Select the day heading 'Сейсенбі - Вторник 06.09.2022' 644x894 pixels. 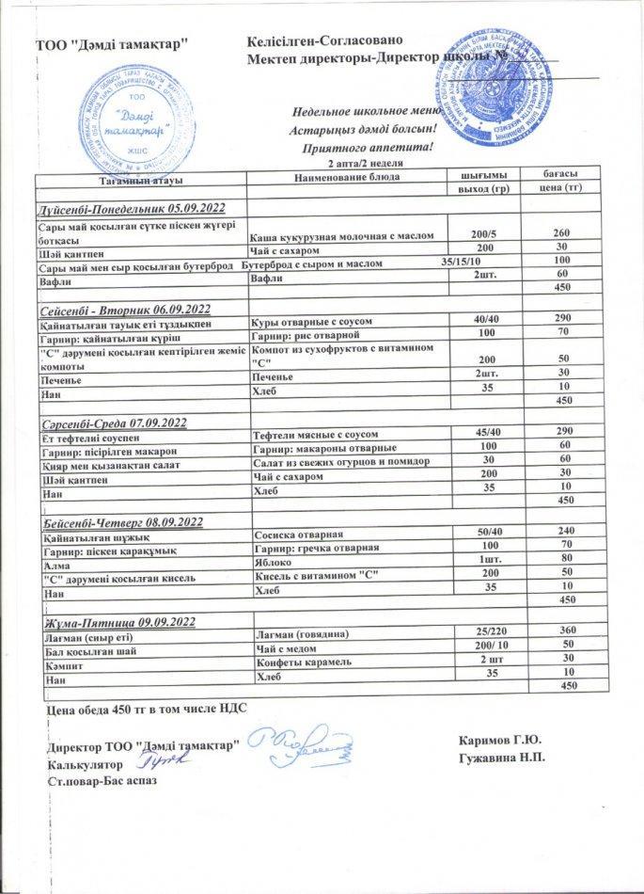point(123,309)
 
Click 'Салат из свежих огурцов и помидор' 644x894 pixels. point(342,461)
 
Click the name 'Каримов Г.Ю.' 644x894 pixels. point(501,741)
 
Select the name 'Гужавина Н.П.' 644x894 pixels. point(501,757)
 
